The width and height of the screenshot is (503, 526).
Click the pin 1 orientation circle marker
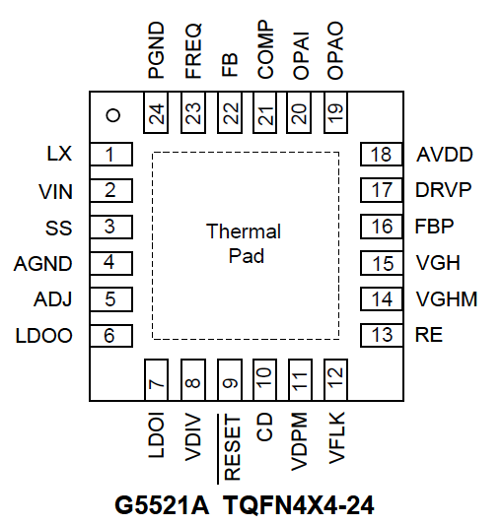click(113, 115)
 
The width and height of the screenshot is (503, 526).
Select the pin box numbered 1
click(111, 155)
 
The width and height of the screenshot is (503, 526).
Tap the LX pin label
click(59, 154)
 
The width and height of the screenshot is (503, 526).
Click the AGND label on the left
click(43, 264)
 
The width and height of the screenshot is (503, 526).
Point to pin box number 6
click(111, 336)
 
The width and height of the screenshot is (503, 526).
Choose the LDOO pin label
click(44, 336)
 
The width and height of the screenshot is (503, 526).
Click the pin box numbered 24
click(156, 112)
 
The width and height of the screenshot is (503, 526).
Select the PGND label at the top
click(157, 50)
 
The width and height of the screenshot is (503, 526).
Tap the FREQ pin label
click(193, 50)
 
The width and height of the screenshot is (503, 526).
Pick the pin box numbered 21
click(265, 112)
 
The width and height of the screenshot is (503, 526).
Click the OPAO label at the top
click(335, 50)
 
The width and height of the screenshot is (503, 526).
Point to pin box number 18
click(382, 155)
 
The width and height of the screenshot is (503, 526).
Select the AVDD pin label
click(445, 155)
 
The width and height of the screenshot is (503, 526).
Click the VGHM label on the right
click(447, 299)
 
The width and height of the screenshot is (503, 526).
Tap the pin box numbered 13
click(382, 336)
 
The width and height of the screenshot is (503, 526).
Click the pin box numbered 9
click(230, 380)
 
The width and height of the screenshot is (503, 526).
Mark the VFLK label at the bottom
click(336, 437)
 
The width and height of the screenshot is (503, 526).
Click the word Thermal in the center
click(244, 231)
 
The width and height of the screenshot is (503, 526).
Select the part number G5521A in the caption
click(162, 505)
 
